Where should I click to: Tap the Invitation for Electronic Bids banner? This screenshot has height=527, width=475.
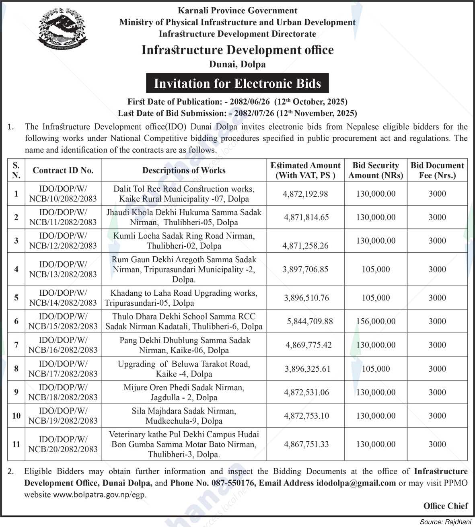tap(237, 83)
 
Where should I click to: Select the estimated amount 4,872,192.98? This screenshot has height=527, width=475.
tap(306, 194)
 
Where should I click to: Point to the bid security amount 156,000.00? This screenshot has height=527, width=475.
tap(376, 321)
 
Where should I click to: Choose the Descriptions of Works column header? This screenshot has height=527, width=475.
tap(184, 170)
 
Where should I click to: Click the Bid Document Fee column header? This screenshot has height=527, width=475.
tap(437, 170)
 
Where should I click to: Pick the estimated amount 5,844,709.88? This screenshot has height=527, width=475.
tap(310, 321)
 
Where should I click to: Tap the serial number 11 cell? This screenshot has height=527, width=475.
tap(16, 444)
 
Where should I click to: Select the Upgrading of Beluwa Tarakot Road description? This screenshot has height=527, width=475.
tap(184, 369)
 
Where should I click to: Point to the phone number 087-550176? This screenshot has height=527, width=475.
tap(237, 483)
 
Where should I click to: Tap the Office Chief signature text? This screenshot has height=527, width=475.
tap(446, 506)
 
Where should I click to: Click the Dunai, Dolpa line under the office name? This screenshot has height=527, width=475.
tap(237, 64)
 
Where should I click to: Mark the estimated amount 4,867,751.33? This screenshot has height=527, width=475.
tap(306, 444)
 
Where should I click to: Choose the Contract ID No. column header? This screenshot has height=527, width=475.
tap(63, 170)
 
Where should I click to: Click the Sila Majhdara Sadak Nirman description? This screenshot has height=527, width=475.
tap(184, 416)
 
